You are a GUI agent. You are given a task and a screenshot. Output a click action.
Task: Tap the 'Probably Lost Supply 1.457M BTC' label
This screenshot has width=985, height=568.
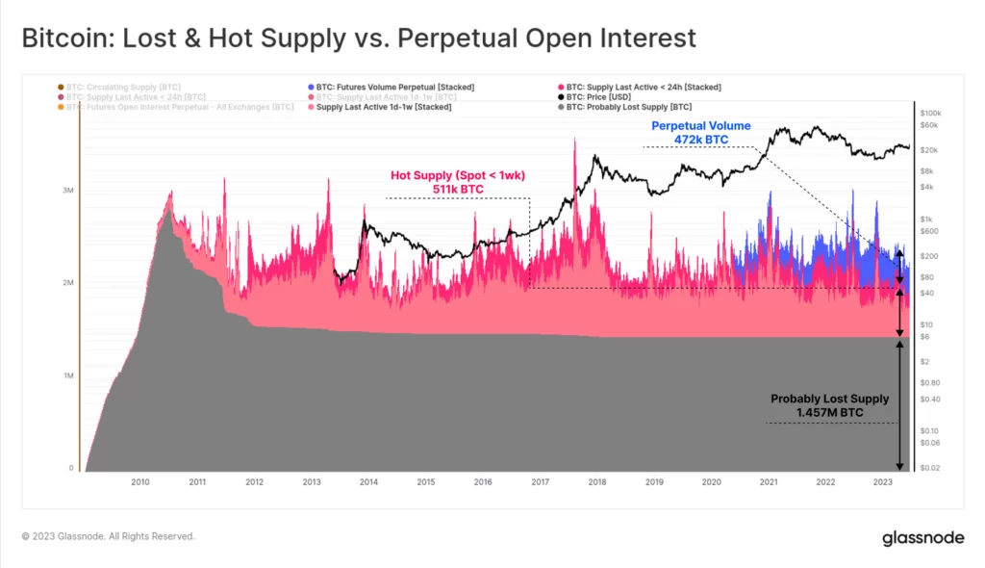click(829, 405)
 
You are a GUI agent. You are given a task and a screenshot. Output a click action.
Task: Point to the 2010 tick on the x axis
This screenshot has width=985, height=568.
click(140, 481)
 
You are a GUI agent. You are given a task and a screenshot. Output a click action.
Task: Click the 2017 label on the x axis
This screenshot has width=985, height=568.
click(540, 481)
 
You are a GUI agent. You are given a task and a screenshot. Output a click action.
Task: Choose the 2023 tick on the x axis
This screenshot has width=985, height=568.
click(882, 481)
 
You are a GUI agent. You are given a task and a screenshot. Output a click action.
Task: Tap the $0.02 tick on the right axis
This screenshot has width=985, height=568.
click(930, 468)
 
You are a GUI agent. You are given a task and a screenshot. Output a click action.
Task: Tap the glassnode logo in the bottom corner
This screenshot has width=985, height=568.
click(922, 537)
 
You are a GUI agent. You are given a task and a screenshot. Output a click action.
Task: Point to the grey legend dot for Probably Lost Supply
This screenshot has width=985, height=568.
click(560, 107)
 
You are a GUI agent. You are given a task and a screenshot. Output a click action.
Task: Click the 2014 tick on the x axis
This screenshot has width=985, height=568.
click(368, 481)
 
